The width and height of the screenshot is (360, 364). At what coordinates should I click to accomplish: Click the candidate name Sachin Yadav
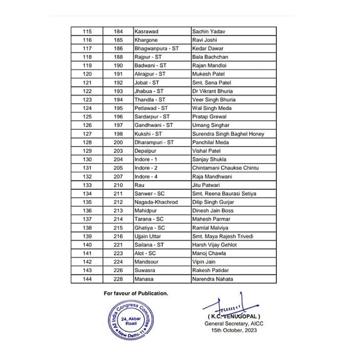coord(208,32)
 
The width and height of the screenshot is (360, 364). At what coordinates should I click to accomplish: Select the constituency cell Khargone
coord(146,40)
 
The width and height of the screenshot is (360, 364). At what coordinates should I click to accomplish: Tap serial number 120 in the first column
coord(87,74)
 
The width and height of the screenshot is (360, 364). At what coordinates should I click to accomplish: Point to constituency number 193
coord(119,91)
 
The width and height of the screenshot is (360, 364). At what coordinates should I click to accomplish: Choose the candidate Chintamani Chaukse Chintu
coord(226,168)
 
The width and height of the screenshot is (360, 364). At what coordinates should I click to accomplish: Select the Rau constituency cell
coord(139,185)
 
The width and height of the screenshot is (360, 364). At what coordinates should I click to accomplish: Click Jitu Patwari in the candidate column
coord(207,185)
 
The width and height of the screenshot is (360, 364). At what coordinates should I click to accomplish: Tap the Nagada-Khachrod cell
coord(155,202)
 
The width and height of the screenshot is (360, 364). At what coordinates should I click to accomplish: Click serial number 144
coord(87,279)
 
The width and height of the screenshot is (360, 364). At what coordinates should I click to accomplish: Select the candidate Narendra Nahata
coord(213,279)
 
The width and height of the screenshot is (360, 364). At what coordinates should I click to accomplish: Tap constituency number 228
coord(119,279)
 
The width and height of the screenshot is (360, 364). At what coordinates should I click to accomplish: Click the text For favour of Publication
coord(136,293)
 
